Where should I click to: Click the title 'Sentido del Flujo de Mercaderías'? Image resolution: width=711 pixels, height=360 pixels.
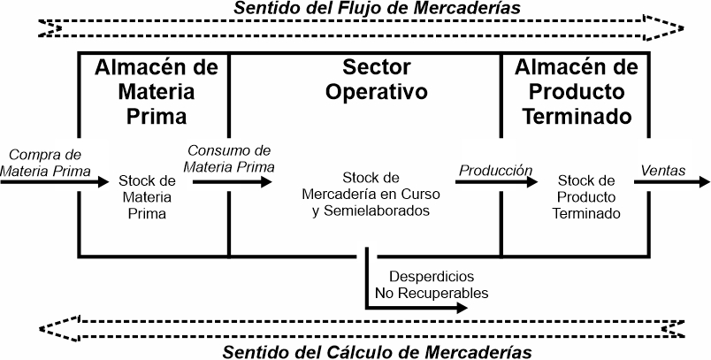377,8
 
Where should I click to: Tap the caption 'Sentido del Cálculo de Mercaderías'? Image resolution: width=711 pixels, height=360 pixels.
377,352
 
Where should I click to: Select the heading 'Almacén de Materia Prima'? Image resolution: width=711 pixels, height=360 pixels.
157,92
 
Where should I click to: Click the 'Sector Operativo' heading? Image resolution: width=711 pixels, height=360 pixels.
377,80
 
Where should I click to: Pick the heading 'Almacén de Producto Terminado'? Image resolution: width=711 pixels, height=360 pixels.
577,92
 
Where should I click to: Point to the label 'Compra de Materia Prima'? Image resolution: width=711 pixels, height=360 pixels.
45,163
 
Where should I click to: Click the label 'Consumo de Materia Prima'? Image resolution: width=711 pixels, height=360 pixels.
229,158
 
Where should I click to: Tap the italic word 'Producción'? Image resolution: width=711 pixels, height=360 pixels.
495,171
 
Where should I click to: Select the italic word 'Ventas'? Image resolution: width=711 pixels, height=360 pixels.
663,171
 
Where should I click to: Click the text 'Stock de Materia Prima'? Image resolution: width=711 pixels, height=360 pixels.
147,197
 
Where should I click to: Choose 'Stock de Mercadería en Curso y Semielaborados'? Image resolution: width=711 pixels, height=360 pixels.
371,194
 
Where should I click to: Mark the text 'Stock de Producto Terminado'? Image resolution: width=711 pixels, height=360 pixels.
585,196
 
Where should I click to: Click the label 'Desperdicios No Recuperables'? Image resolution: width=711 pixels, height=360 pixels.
432,285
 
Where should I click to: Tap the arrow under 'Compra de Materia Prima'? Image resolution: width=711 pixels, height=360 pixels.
55,182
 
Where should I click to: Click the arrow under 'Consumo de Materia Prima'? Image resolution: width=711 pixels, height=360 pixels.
233,182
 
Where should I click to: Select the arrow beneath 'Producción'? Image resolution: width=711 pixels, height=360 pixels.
496,182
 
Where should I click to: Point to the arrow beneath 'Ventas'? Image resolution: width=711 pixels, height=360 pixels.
672,182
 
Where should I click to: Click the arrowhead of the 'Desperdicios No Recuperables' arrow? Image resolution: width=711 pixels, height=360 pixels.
462,308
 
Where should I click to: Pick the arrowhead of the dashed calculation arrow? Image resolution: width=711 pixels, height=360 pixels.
59,328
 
